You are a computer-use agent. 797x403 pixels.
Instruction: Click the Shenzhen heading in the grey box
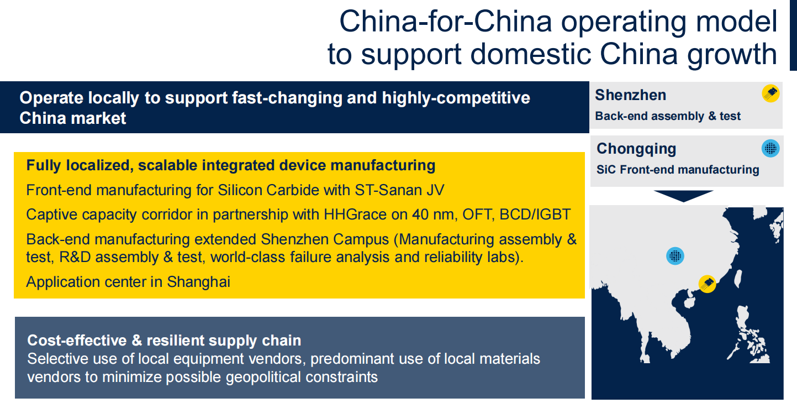tap(631, 95)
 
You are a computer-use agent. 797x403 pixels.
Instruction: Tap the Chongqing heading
tap(636, 149)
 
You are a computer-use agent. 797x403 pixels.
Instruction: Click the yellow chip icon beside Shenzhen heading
tap(770, 93)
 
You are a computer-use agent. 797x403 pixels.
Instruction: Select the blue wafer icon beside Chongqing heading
tap(770, 148)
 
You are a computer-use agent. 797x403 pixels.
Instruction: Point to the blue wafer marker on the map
tap(675, 256)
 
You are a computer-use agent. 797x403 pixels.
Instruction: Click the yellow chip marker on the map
tap(708, 284)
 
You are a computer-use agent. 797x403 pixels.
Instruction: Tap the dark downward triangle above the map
tap(684, 196)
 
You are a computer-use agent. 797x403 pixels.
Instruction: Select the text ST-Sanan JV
tap(399, 190)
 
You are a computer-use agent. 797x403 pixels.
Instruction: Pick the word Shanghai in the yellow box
tap(198, 282)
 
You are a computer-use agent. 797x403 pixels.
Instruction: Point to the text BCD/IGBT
tap(535, 214)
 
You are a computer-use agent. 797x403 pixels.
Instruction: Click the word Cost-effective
tap(77, 341)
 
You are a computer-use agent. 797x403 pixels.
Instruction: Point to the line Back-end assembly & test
tap(668, 117)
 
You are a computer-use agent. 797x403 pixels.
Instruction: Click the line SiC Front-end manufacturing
tap(678, 170)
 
